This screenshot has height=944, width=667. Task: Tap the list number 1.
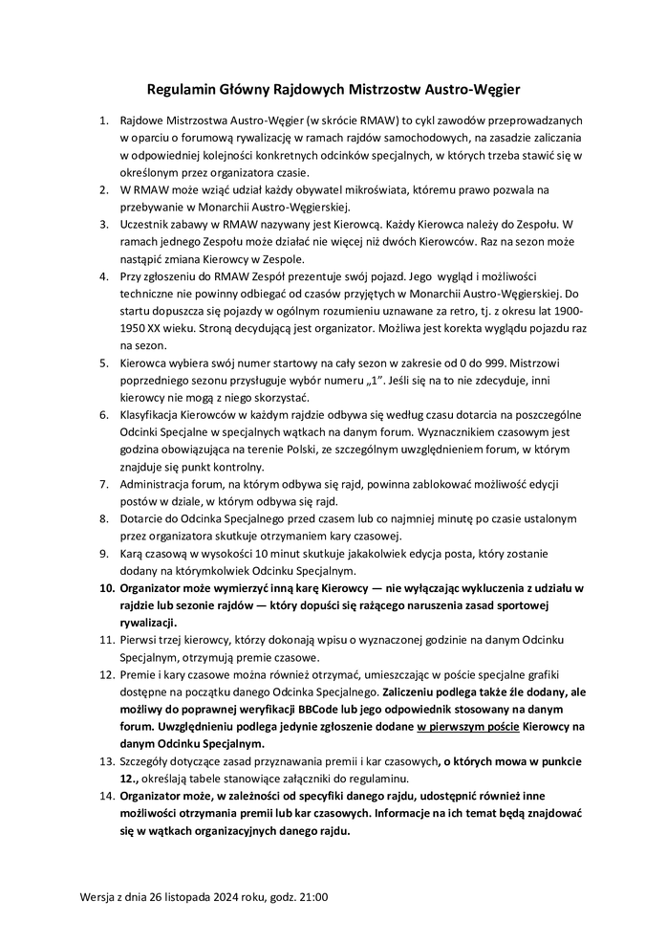click(104, 122)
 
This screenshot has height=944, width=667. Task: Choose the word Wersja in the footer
click(99, 897)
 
